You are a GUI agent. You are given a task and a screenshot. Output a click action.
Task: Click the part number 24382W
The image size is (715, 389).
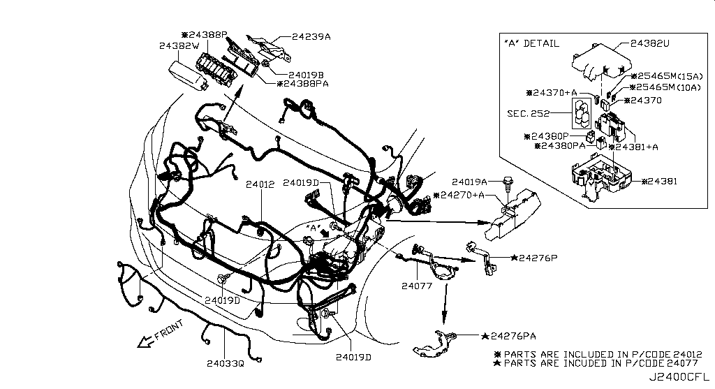[x=179, y=45]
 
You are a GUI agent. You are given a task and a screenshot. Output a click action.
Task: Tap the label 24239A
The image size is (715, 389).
[x=311, y=36]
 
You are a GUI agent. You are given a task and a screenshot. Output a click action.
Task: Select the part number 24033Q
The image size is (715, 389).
[x=226, y=363]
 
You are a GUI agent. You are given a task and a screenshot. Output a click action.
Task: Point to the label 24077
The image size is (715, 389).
[x=417, y=286]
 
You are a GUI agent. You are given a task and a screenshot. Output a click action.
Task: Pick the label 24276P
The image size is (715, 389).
[x=538, y=258]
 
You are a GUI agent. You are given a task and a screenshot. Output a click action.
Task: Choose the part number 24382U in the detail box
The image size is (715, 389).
[x=650, y=43]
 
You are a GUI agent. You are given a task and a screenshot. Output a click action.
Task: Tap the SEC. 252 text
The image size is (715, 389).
[x=528, y=113]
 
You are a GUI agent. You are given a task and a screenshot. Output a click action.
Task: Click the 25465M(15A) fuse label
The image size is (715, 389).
[x=670, y=76]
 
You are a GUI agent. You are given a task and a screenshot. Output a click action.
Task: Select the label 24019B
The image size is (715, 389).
[x=306, y=75]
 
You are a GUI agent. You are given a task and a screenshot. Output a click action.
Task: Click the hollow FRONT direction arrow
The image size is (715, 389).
[x=145, y=341]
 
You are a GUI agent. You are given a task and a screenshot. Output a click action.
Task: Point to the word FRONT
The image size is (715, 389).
[x=169, y=330]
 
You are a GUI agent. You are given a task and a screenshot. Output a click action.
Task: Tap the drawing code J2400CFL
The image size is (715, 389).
[x=679, y=378]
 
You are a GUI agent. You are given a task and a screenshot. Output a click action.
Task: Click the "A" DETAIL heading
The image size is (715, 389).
[x=531, y=44]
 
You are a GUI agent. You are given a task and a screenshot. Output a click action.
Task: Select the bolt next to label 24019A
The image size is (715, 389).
[x=506, y=184]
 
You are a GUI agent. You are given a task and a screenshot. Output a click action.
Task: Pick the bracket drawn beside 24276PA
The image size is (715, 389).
[x=433, y=344]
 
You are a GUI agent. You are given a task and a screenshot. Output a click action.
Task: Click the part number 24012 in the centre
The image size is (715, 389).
[x=260, y=184]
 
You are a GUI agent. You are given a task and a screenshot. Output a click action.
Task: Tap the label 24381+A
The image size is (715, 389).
[x=637, y=147]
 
